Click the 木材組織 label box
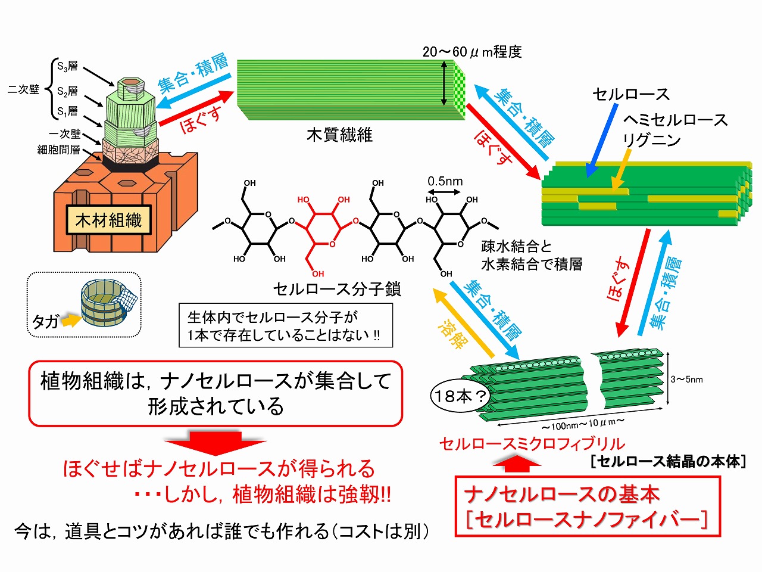(x=109, y=221)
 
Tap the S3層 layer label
(x=67, y=67)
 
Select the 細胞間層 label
(x=58, y=150)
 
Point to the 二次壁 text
(x=23, y=90)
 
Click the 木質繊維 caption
(x=339, y=135)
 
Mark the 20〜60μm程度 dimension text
(x=472, y=52)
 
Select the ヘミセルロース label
(x=676, y=120)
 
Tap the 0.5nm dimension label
(x=445, y=181)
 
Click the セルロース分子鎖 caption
(x=337, y=290)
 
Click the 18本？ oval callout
(x=458, y=396)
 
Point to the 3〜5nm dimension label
(x=686, y=379)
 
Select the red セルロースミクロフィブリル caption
(x=532, y=444)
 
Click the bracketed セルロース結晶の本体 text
(x=667, y=461)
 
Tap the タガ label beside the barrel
(x=45, y=322)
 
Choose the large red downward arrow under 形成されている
(x=215, y=443)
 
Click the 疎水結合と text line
(x=517, y=246)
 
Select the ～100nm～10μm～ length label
(x=582, y=425)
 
